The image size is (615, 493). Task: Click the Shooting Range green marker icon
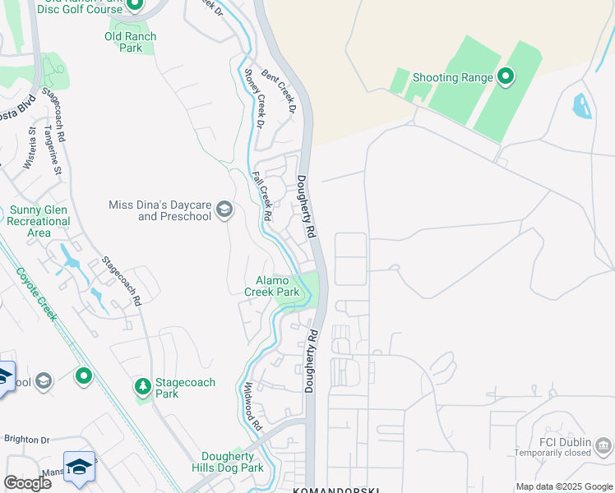coord(506,78)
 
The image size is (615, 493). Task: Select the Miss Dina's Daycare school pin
coord(224,211)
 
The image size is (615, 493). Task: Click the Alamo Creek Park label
coord(272,286)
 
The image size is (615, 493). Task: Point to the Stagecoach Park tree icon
coord(143,385)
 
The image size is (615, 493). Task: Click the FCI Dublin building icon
coord(604,446)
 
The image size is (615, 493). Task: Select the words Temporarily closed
coord(553,453)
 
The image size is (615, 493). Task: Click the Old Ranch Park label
coord(131,42)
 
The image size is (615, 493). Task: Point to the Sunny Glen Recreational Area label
coord(39,221)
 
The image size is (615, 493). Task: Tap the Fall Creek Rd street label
coord(262,196)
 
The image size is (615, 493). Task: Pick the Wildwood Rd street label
coord(252,407)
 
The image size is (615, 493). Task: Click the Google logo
coord(27,482)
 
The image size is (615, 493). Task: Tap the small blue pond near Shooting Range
coord(582,106)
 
